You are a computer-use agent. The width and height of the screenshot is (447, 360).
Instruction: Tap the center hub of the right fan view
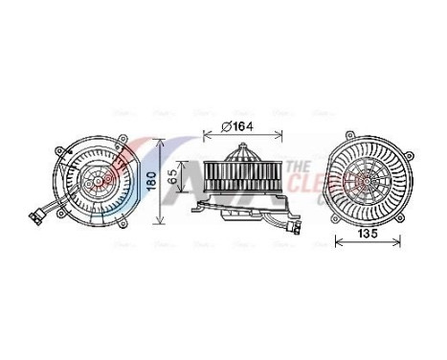click(367, 178)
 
